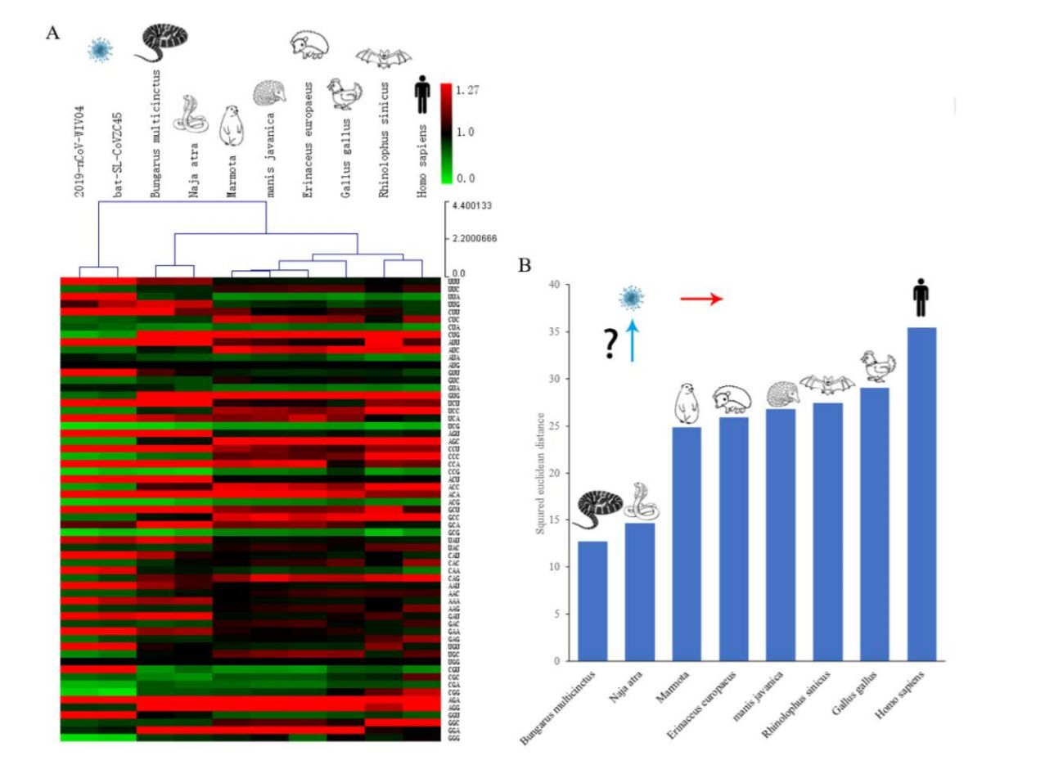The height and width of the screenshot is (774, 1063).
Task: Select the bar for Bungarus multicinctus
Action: click(592, 601)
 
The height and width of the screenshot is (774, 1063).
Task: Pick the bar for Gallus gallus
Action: click(874, 524)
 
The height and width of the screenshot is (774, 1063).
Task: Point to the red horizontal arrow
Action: click(702, 299)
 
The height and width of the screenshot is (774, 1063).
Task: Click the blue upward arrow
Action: click(631, 340)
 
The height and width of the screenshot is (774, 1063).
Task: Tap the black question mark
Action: click(610, 345)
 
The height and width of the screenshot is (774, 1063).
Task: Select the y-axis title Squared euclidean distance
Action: click(541, 473)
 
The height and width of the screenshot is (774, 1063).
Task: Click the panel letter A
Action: click(53, 34)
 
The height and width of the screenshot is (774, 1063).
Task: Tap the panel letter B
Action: click(525, 265)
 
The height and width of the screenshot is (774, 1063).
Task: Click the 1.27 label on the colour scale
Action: click(467, 90)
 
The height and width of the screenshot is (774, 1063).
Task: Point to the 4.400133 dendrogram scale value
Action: click(471, 205)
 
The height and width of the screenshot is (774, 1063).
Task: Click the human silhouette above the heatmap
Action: click(421, 94)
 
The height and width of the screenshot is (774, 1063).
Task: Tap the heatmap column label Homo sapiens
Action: click(422, 161)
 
